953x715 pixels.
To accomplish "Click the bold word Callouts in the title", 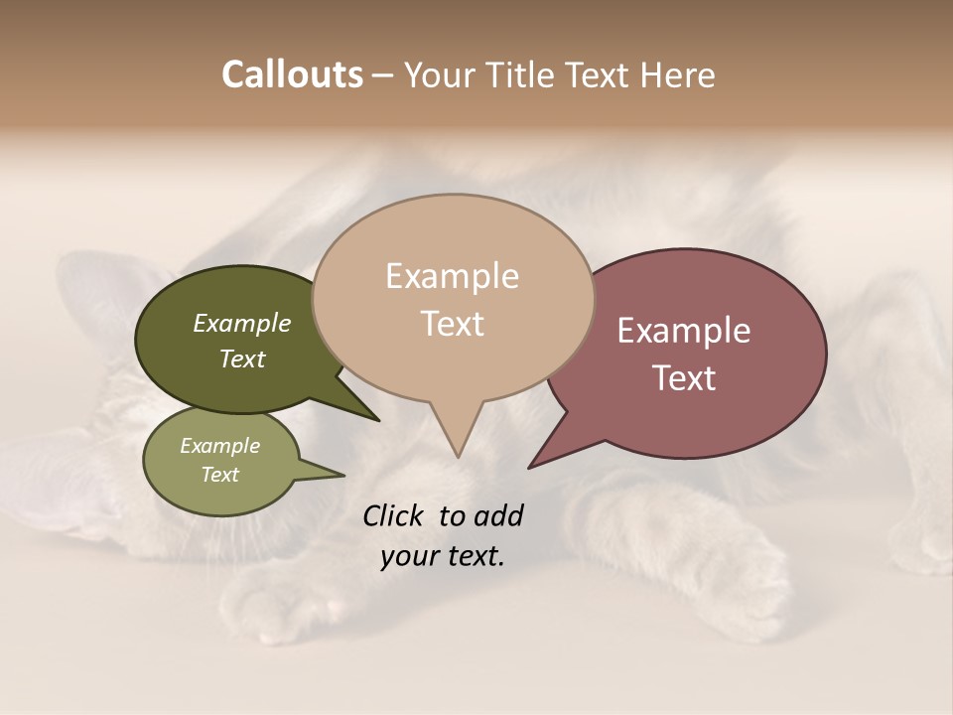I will point(292,74).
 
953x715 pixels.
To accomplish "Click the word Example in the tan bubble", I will point(452,276).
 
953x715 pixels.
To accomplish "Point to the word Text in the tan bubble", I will point(452,324).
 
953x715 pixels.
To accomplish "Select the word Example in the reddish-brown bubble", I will point(684,331).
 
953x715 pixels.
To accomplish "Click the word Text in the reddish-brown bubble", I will point(684,378).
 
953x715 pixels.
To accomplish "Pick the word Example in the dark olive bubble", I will point(242,324).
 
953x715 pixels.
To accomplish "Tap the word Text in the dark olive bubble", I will point(242,358).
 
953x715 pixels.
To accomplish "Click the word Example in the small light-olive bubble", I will point(220,446).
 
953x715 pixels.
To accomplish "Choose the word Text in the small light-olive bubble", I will point(220,475).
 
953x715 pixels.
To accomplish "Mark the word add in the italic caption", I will point(498,515).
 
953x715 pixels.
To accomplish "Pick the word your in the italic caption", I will point(407,556).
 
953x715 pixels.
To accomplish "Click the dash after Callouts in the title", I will point(383,75).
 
